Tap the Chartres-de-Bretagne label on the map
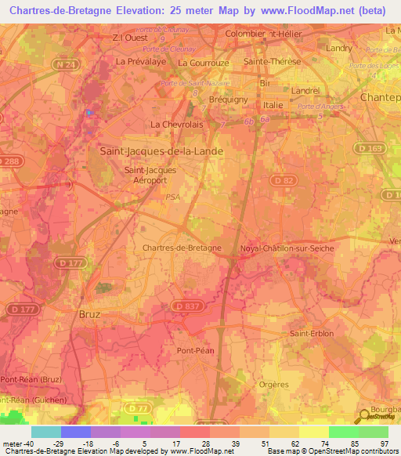[x=182, y=248]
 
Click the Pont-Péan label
[x=196, y=350]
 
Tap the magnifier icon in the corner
[x=363, y=416]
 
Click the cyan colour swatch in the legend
[x=46, y=432]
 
